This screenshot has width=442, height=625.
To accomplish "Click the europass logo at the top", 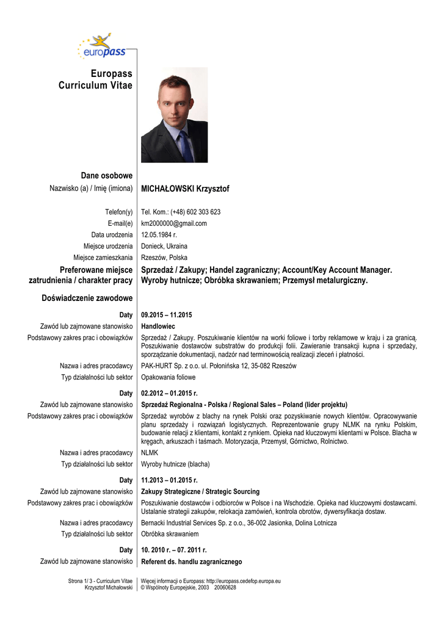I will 101,48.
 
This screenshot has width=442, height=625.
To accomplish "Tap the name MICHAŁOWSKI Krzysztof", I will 185,189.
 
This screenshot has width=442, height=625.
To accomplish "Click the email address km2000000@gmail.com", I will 174,223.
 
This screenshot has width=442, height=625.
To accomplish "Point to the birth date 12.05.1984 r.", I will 159,234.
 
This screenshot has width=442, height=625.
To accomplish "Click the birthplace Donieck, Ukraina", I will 164,246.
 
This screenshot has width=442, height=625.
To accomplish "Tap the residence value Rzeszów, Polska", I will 164,258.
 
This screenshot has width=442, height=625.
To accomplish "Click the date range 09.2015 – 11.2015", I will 167,315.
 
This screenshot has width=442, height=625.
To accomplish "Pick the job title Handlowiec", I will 159,326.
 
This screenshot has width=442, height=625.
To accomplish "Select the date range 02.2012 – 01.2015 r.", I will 169,393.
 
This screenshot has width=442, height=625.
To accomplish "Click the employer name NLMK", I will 150,453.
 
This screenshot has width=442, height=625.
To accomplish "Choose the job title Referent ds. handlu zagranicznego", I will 192,562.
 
